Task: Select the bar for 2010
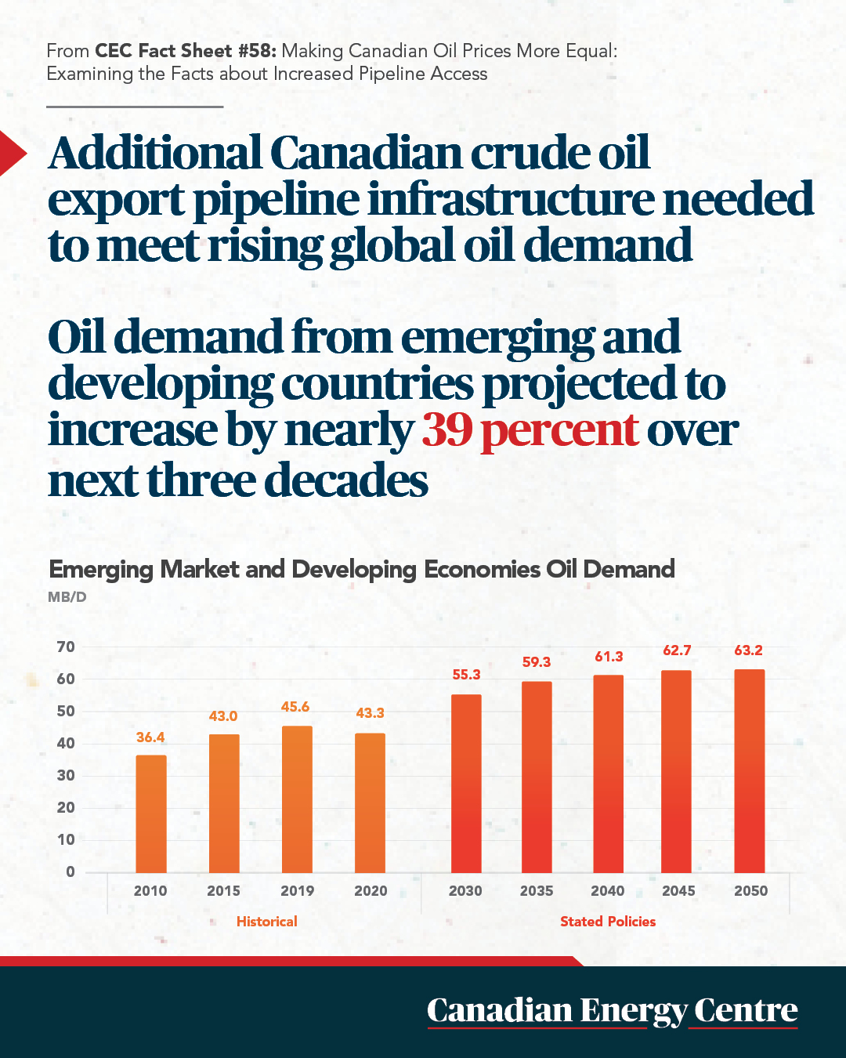click(x=151, y=813)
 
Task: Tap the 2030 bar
click(x=466, y=784)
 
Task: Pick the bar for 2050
click(x=749, y=771)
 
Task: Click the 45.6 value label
click(x=295, y=707)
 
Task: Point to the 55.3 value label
click(x=466, y=675)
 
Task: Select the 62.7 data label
click(x=677, y=650)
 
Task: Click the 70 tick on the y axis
click(x=66, y=647)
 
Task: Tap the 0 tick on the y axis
click(x=70, y=871)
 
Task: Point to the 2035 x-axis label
click(x=537, y=891)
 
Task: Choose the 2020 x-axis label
click(x=371, y=891)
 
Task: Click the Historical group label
click(x=267, y=922)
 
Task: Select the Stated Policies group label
click(x=608, y=922)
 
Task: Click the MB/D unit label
click(x=67, y=597)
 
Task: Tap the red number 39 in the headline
click(x=447, y=429)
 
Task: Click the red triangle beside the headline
click(x=13, y=153)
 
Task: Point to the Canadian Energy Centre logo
click(x=613, y=1011)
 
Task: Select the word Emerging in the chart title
click(x=101, y=571)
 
